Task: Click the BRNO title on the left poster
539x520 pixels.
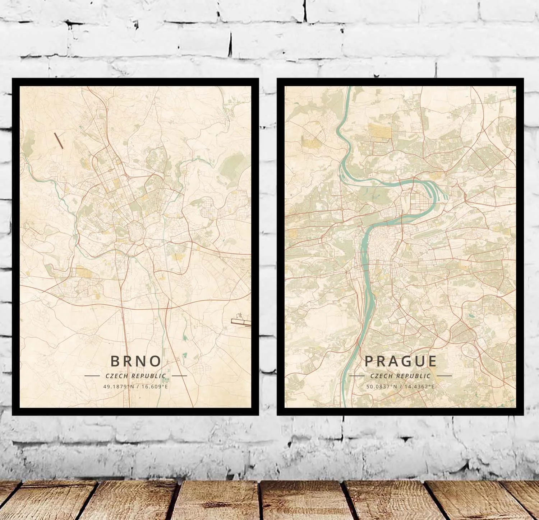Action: tap(135, 361)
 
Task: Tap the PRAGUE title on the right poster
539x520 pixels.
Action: tap(401, 361)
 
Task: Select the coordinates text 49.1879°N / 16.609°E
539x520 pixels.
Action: tap(135, 387)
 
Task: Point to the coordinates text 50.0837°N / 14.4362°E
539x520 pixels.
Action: tap(400, 387)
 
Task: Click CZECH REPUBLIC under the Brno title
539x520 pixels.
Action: tap(135, 376)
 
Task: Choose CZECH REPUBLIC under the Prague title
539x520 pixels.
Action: tap(400, 376)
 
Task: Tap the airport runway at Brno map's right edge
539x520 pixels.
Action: tap(242, 322)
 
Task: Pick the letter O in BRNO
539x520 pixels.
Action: tap(154, 361)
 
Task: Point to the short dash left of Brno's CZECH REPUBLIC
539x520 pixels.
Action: tap(92, 376)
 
